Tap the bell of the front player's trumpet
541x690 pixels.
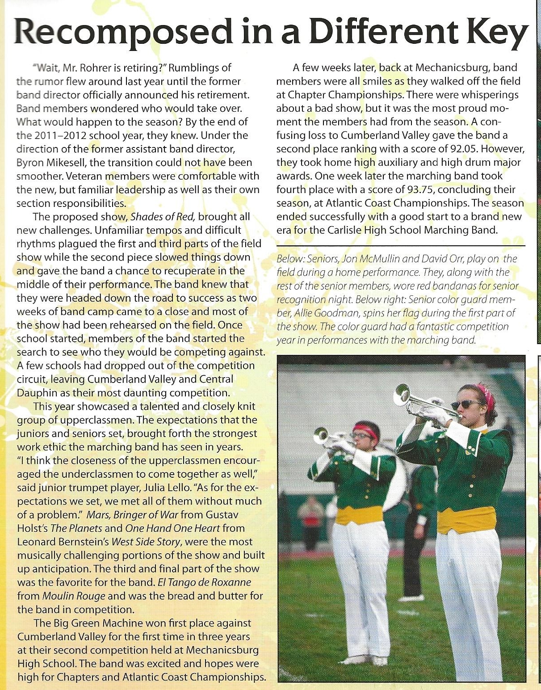pyautogui.click(x=403, y=395)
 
